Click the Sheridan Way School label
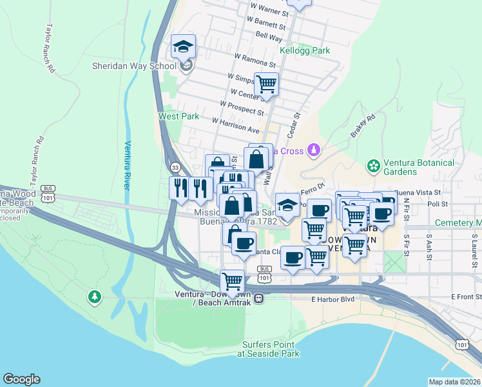134,66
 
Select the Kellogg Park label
304,50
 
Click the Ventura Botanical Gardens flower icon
372,165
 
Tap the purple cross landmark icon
313,151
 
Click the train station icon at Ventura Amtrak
258,298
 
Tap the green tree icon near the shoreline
95,297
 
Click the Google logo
21,379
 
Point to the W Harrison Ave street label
235,125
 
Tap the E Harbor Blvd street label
333,299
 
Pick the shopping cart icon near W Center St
265,84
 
